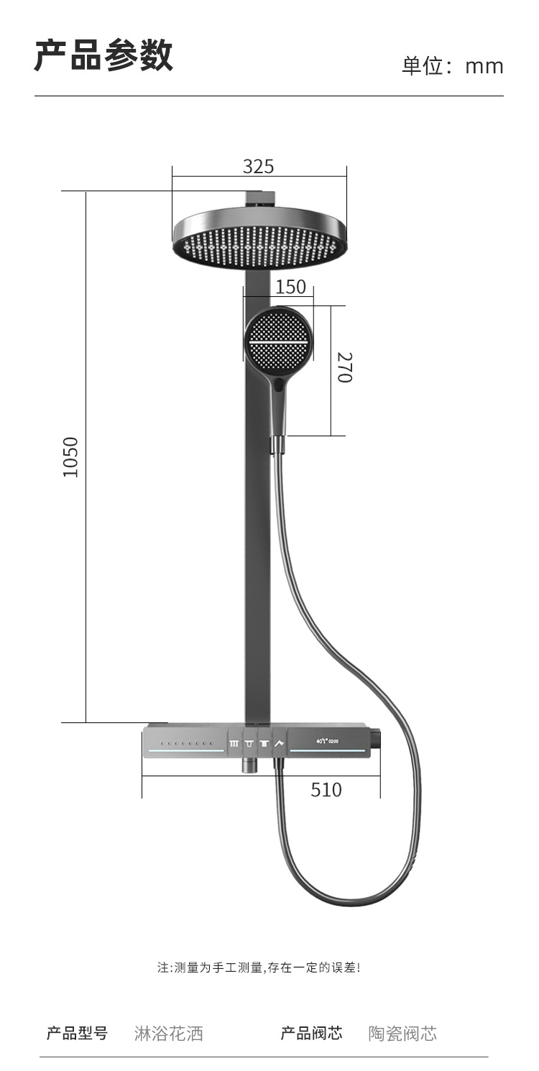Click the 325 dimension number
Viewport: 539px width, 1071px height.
point(258,166)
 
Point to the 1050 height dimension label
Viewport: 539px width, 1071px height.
point(70,456)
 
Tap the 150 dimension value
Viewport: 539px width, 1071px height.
point(290,287)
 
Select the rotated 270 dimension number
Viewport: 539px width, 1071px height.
point(344,367)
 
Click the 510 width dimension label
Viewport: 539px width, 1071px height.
point(326,790)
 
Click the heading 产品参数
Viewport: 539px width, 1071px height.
point(103,55)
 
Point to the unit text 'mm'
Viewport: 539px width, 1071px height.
point(484,66)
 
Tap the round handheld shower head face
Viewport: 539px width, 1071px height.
point(279,342)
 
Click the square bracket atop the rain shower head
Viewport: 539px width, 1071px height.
point(260,198)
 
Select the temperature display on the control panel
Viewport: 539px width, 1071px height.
point(327,742)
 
